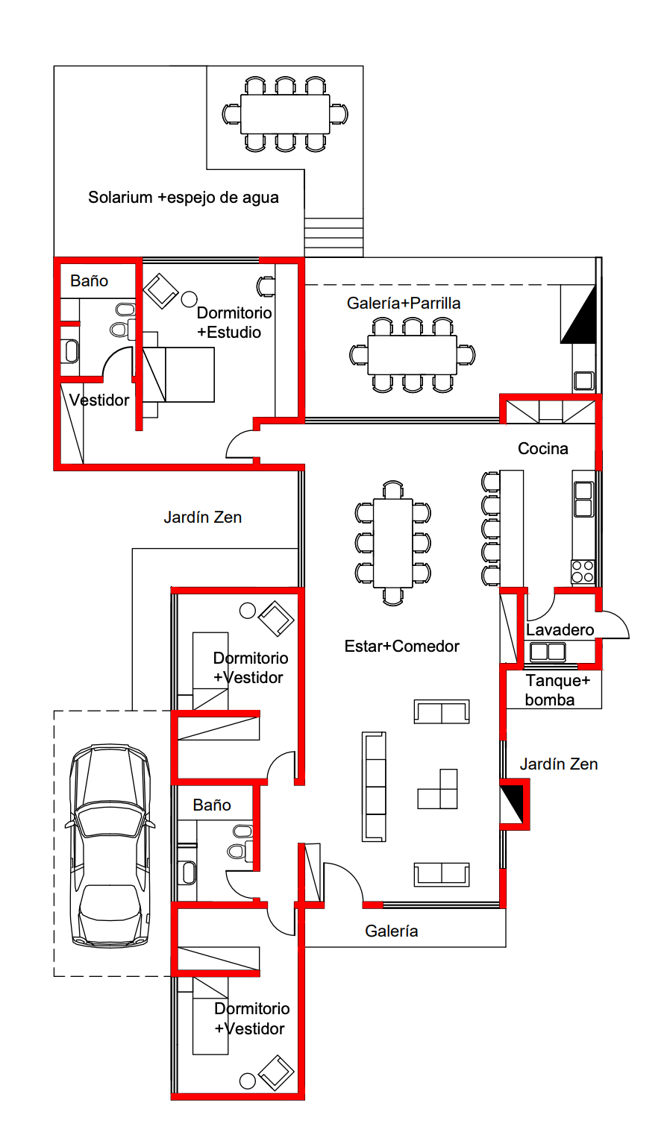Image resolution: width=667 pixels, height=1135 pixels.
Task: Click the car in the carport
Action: tap(110, 845)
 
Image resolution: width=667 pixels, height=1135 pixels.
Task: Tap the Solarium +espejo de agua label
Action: tap(184, 197)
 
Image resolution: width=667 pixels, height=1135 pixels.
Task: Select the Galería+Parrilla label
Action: tap(404, 303)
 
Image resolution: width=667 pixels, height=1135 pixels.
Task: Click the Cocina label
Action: tap(543, 448)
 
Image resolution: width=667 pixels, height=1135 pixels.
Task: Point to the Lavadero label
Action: tap(560, 630)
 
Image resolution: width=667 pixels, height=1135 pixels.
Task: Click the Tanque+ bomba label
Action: tap(557, 690)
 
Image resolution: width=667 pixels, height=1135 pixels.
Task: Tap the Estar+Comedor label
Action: tap(402, 646)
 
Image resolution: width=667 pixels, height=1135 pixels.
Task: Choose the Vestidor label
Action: tap(99, 400)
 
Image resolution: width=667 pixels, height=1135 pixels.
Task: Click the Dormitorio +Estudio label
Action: tap(234, 322)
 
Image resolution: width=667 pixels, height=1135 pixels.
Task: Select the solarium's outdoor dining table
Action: tap(285, 115)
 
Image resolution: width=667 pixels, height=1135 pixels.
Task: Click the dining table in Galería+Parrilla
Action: tap(412, 355)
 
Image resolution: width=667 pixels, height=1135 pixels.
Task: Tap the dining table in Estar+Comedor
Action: tap(392, 543)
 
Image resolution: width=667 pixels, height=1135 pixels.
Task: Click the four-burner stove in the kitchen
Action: tap(583, 571)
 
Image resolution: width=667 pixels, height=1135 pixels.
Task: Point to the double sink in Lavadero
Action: tap(548, 652)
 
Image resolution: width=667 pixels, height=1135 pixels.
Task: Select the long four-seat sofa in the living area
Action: tap(374, 787)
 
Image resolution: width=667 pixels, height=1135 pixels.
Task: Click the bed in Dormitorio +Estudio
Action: tap(178, 374)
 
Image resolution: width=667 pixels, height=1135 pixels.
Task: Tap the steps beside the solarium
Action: tap(333, 237)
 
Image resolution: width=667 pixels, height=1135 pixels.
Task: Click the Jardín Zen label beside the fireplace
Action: tap(559, 764)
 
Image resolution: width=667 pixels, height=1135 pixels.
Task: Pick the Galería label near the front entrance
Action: tap(391, 931)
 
